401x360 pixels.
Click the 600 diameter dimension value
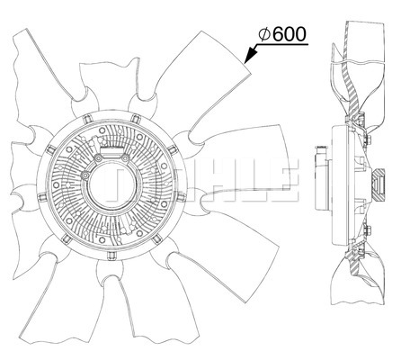point(290,34)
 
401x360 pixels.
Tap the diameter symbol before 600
point(264,34)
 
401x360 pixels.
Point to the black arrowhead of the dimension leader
point(251,54)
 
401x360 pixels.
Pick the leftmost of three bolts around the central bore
point(85,175)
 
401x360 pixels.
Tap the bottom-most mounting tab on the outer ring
point(111,256)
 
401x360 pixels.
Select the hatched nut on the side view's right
point(378,184)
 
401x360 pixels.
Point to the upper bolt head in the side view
point(369,139)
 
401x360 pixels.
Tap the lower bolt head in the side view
point(369,230)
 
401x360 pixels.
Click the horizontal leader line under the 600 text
point(282,45)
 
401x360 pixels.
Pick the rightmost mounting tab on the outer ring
point(182,197)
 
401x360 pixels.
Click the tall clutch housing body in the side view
point(340,185)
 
